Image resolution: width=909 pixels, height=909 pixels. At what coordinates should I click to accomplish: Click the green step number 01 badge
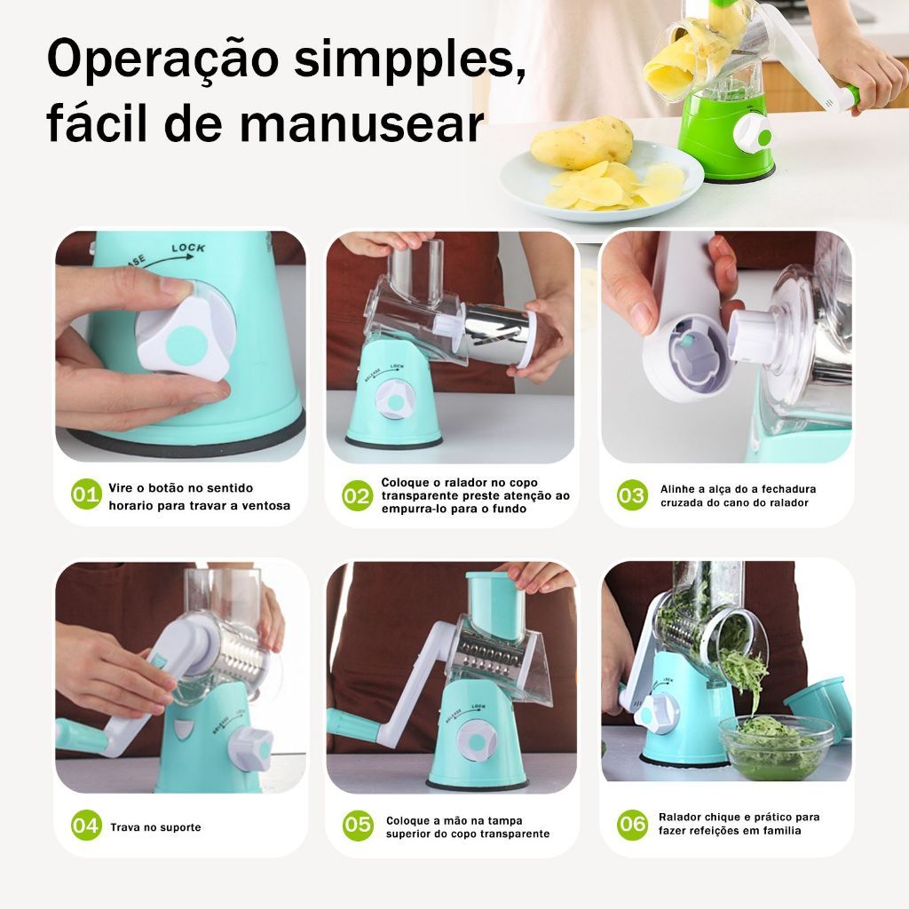pyautogui.click(x=86, y=494)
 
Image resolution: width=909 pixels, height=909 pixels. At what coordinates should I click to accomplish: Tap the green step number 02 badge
pyautogui.click(x=357, y=495)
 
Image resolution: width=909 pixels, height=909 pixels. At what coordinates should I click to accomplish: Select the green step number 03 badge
pyautogui.click(x=632, y=495)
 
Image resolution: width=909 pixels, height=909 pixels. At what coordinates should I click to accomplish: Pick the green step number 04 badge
pyautogui.click(x=86, y=825)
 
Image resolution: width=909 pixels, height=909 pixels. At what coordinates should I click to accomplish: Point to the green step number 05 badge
pyautogui.click(x=358, y=826)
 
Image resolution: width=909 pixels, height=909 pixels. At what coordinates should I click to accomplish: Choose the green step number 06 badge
pyautogui.click(x=632, y=824)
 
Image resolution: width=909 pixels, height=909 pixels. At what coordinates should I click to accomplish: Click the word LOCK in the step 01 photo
pyautogui.click(x=188, y=249)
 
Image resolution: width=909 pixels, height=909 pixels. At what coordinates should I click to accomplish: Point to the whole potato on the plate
pyautogui.click(x=581, y=142)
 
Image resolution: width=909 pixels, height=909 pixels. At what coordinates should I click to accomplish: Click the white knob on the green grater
pyautogui.click(x=753, y=133)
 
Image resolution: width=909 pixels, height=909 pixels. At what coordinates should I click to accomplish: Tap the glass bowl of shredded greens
pyautogui.click(x=776, y=747)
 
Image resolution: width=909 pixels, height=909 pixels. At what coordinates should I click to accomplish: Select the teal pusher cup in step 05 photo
pyautogui.click(x=495, y=605)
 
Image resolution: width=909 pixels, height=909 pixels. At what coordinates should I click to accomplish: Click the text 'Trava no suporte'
pyautogui.click(x=156, y=827)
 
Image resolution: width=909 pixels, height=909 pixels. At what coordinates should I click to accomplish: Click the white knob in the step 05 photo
pyautogui.click(x=476, y=742)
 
